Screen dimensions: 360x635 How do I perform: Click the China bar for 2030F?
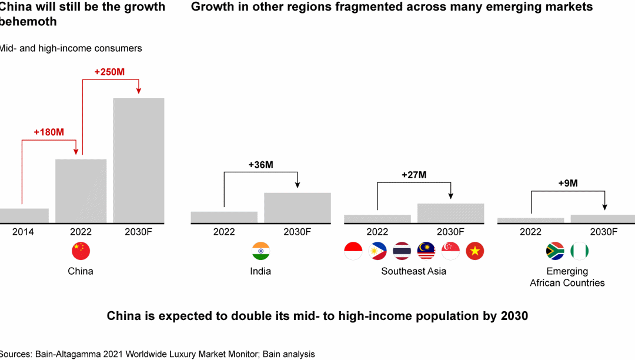[139, 161]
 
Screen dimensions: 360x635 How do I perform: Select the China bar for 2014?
[24, 215]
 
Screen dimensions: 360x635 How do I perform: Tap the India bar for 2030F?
[298, 208]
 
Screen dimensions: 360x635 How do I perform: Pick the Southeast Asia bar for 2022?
[377, 219]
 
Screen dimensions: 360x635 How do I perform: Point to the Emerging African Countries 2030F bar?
[603, 219]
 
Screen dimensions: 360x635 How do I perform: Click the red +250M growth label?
[109, 72]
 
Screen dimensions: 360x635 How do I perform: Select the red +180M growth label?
[49, 132]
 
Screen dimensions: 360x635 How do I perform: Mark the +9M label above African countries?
[568, 183]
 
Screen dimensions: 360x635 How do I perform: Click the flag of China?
[81, 251]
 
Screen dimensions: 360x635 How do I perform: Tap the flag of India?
[260, 251]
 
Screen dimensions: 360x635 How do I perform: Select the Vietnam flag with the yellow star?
[475, 251]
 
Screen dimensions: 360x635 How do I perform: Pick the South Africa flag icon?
[555, 251]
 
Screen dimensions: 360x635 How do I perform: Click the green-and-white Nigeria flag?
[580, 251]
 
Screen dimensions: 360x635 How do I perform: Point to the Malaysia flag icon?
[426, 251]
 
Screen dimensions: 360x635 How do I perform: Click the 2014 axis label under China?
[24, 232]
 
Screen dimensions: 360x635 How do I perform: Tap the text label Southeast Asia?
[413, 271]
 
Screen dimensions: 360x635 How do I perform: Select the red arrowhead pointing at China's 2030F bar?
[139, 91]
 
